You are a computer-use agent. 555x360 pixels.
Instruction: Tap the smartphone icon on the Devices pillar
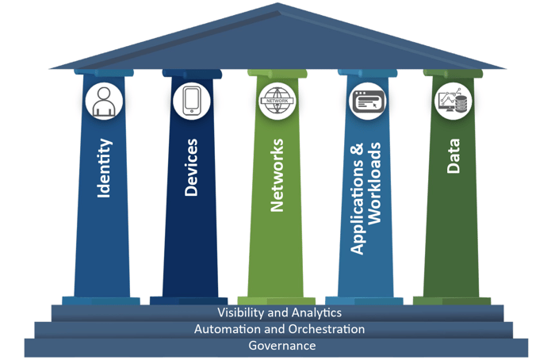191,102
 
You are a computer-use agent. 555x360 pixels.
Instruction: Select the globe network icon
276,102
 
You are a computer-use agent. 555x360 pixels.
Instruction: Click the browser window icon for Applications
366,102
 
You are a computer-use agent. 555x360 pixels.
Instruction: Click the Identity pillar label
103,168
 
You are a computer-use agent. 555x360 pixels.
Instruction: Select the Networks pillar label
277,175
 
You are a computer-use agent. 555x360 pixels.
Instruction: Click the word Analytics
316,313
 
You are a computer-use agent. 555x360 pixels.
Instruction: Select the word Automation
226,329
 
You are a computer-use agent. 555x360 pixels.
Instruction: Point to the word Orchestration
324,329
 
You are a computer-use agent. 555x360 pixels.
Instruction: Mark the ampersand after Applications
357,148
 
